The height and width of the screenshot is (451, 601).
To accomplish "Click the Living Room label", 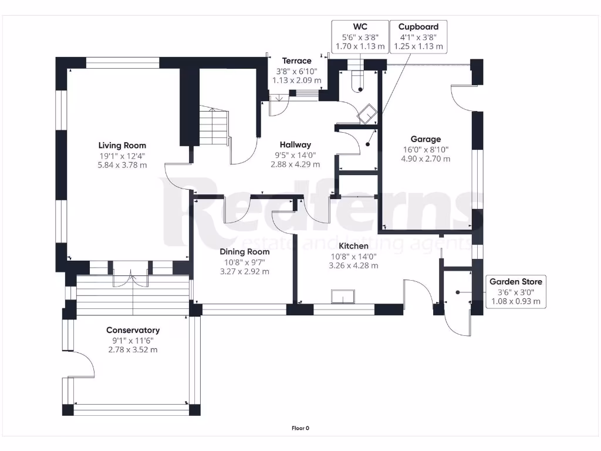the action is click(x=122, y=146).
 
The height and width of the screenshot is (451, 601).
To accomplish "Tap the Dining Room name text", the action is click(x=245, y=251).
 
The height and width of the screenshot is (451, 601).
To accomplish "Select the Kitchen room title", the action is click(x=353, y=246).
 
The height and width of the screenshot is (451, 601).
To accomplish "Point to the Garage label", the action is click(x=426, y=139).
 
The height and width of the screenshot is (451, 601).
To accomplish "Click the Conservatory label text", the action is click(x=133, y=330).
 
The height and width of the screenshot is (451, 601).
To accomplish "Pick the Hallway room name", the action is click(x=295, y=144).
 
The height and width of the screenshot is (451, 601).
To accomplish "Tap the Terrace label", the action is click(x=296, y=60).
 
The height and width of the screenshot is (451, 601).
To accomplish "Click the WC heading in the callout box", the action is click(x=360, y=27).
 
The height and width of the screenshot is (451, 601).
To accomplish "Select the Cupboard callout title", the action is click(x=418, y=27).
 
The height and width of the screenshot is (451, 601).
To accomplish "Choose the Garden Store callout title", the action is click(x=515, y=281).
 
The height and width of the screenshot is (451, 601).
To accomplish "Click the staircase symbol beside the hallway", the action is click(x=214, y=127).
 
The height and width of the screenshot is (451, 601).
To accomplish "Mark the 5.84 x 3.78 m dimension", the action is click(x=122, y=165).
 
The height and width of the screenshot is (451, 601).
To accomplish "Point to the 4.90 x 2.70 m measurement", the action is click(x=426, y=159).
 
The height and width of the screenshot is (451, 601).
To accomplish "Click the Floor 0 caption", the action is click(x=300, y=428).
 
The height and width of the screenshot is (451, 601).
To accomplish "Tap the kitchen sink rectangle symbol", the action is click(x=343, y=297).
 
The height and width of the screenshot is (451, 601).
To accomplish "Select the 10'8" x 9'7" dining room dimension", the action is click(x=245, y=262).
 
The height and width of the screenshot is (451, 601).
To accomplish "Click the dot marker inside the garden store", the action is click(x=458, y=292).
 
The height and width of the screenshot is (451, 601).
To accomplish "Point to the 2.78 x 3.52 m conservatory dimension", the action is click(x=133, y=350).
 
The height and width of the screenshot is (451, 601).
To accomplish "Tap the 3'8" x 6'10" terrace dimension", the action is click(x=296, y=71).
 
